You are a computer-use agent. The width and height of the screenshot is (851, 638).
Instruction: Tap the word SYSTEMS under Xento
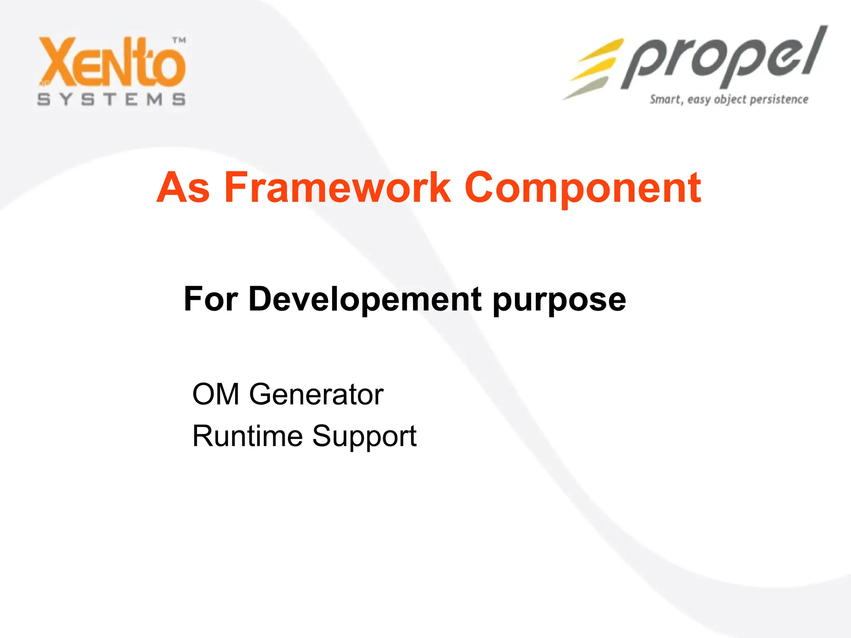[111, 100]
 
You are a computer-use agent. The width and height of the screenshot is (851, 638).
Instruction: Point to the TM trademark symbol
[179, 40]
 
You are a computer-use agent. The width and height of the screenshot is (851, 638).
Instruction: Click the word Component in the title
[583, 189]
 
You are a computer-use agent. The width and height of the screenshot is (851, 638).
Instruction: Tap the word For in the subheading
[211, 299]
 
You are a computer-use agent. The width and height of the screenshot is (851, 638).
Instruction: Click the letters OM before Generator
[216, 394]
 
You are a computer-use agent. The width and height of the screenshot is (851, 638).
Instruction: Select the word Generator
[316, 394]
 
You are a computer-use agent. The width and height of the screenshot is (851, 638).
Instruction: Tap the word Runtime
[248, 436]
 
